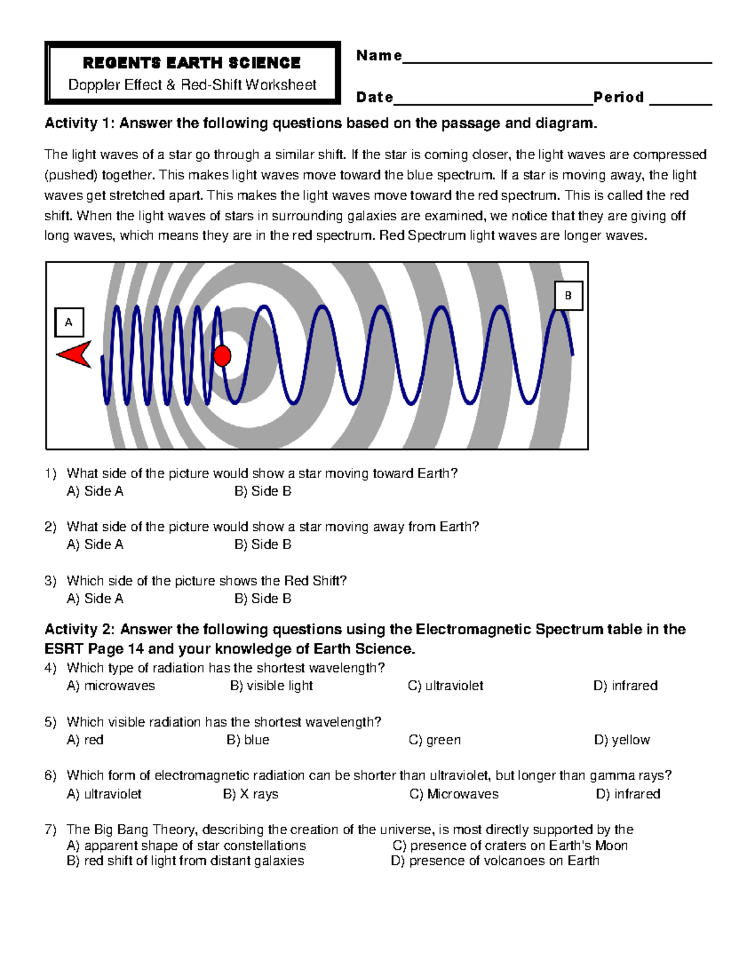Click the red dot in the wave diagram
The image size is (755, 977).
click(222, 355)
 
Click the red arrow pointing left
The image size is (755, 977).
click(75, 355)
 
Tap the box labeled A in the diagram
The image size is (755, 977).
click(69, 322)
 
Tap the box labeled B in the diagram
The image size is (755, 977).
click(568, 296)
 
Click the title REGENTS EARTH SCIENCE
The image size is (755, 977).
click(192, 63)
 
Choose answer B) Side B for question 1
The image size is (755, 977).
click(263, 491)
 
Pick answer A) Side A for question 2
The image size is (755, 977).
click(95, 545)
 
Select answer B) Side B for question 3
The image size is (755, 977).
click(263, 599)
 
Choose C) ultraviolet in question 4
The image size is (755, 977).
click(445, 686)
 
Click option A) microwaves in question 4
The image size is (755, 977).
click(111, 686)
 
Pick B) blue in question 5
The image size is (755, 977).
click(248, 740)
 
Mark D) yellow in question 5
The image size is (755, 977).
click(622, 740)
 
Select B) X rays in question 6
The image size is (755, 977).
click(250, 794)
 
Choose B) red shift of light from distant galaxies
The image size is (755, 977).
click(186, 861)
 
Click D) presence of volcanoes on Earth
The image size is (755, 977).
click(495, 861)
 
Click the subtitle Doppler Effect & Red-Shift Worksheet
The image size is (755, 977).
click(192, 85)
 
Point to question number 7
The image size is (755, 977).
click(50, 829)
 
